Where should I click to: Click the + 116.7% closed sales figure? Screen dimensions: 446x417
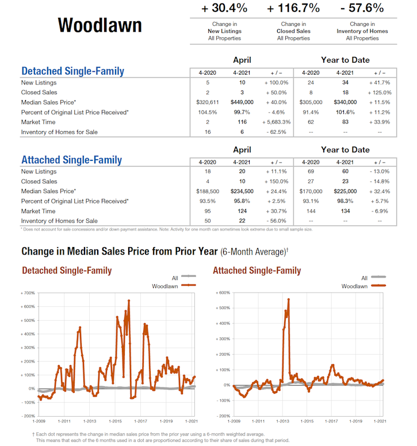tap(293, 8)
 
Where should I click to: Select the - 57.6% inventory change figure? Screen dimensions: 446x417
tap(362, 8)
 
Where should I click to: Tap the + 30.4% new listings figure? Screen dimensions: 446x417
tap(224, 8)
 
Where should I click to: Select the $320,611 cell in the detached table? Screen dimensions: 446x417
tap(208, 102)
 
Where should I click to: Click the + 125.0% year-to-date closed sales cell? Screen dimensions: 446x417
tap(379, 93)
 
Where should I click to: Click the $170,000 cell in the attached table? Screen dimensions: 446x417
tap(311, 191)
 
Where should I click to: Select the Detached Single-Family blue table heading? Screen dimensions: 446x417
tap(72, 71)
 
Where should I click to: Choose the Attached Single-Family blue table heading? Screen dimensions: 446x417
tap(71, 160)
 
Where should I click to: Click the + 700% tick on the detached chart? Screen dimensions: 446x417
tap(28, 293)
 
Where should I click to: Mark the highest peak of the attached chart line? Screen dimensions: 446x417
tap(288, 299)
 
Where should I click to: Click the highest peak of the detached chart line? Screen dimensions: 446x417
tap(129, 301)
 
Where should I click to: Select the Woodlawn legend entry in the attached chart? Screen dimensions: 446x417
tap(354, 286)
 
